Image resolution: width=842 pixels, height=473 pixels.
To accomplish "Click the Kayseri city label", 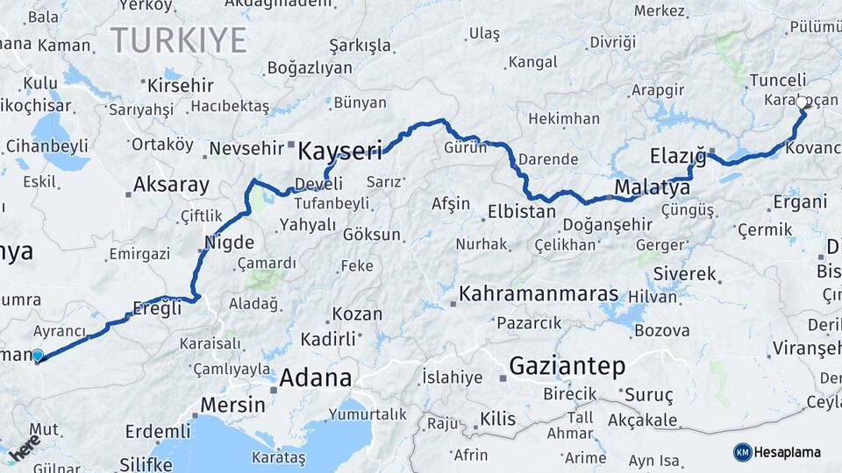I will tap(339, 152).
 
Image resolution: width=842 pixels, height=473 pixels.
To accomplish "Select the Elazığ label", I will tap(677, 157).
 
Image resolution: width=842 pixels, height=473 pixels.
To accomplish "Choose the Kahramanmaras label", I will tap(539, 293).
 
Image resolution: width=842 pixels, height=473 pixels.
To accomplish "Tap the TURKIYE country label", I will tap(179, 40).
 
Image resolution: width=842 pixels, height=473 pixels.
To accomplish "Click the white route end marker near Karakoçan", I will tap(802, 102).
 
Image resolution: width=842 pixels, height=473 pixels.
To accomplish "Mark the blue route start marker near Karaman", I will tap(37, 356).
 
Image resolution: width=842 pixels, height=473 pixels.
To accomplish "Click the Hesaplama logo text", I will tap(787, 452).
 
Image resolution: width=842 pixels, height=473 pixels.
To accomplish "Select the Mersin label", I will tap(232, 405).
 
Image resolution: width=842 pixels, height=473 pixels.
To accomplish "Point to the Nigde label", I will tap(229, 243).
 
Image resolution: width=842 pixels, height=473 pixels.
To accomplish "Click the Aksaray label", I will tap(171, 185).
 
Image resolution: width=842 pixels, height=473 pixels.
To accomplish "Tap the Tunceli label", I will tap(778, 81).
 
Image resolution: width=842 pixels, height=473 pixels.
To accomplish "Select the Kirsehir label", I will tap(181, 86).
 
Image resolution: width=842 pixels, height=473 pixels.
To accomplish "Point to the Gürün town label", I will tap(465, 147).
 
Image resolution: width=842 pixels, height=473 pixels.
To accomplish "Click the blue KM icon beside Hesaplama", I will tap(742, 452).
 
